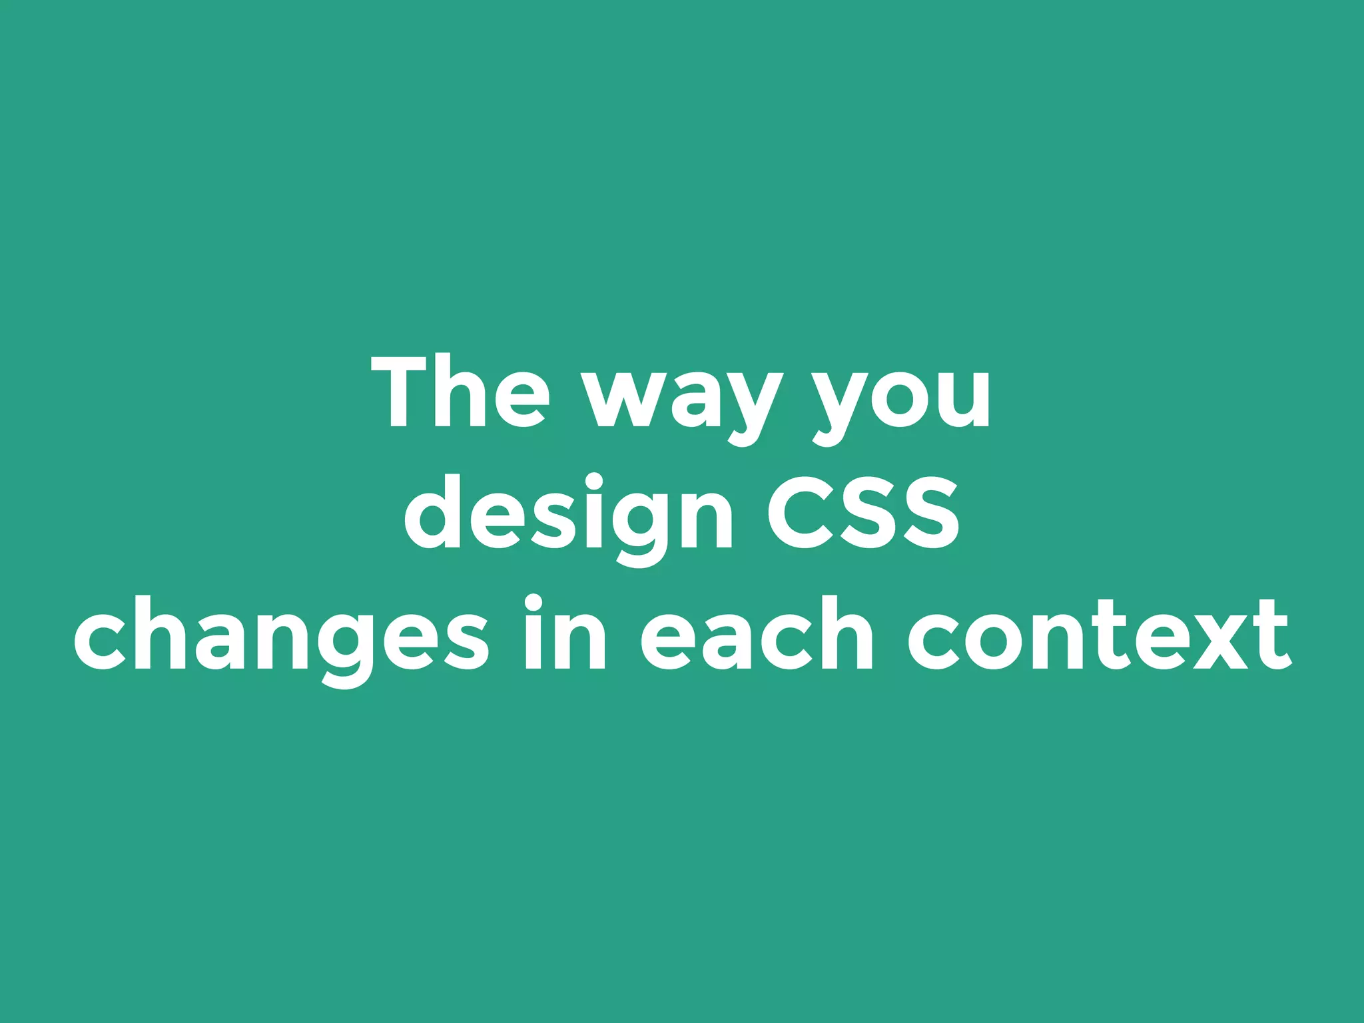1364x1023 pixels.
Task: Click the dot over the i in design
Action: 593,481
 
